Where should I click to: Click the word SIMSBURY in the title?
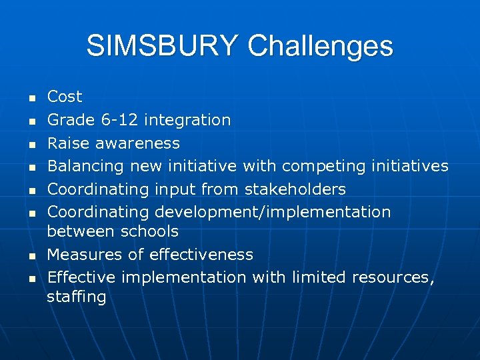163,46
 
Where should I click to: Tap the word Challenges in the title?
320,47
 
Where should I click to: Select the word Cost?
65,97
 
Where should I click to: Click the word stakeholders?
295,189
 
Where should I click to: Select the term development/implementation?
273,212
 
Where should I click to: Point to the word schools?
149,231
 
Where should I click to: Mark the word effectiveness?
201,255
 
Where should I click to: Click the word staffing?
76,297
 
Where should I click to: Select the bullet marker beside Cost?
31,99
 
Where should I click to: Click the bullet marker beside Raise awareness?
31,145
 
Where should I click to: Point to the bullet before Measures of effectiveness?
31,256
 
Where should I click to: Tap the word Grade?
72,120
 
